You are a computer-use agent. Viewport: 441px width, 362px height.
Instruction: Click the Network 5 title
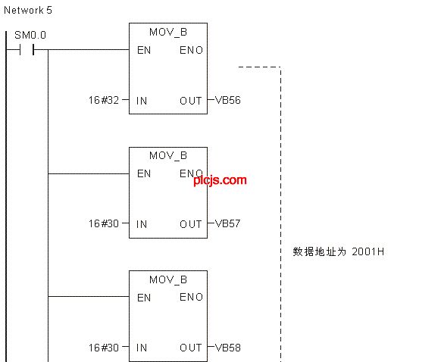(28, 10)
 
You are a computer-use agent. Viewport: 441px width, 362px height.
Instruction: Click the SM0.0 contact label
(30, 35)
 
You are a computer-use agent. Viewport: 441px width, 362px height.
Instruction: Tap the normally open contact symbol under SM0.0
(27, 50)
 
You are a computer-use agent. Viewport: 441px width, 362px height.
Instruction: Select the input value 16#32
(104, 100)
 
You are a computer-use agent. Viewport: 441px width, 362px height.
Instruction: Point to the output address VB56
(228, 100)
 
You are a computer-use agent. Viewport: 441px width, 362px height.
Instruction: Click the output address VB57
(227, 223)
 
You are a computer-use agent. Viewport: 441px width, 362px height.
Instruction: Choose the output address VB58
(228, 348)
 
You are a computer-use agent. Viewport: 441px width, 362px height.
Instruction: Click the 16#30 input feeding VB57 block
(104, 223)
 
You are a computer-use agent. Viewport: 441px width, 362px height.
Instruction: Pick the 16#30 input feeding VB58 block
(104, 348)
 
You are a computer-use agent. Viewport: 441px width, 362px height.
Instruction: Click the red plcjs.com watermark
(220, 180)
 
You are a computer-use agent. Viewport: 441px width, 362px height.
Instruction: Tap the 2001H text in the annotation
(367, 251)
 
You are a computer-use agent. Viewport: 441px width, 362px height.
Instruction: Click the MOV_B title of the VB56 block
(168, 33)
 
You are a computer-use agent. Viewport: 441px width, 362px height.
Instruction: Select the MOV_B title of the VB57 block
(168, 156)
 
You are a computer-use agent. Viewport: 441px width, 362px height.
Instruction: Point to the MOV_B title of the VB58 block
(168, 280)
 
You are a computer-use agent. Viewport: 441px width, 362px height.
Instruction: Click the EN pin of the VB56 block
(144, 50)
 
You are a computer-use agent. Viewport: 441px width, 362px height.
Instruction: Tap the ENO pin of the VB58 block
(191, 298)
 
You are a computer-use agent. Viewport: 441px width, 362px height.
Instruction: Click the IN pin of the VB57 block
(142, 224)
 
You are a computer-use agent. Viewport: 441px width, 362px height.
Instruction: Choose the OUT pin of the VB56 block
(191, 101)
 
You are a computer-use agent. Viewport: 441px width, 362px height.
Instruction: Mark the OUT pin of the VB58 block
(191, 348)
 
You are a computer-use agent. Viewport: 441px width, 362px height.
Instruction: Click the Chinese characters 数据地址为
(320, 251)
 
